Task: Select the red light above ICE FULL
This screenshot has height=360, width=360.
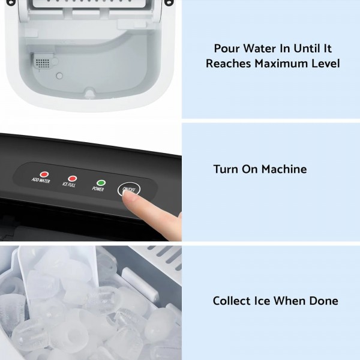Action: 73,178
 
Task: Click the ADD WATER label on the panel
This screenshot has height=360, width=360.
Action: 41,180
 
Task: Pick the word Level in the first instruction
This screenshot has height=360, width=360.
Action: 325,63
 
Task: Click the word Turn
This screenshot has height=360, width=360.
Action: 226,169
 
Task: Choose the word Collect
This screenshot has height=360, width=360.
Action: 234,301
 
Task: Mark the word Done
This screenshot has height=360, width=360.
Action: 323,301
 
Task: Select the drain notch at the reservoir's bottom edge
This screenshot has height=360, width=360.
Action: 89,94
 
